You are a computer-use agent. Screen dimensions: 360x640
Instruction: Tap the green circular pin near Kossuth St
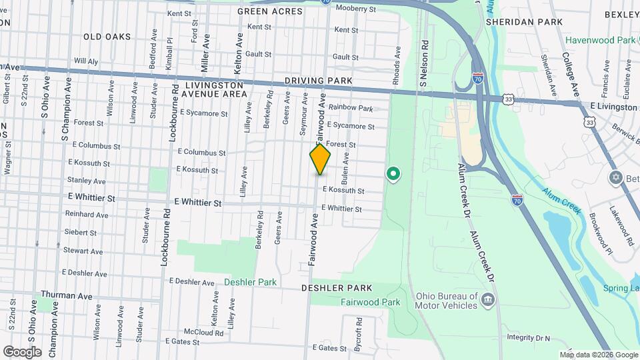(393, 175)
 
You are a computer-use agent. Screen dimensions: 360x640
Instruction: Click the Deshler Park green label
(250, 282)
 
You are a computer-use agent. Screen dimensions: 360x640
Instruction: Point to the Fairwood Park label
(370, 302)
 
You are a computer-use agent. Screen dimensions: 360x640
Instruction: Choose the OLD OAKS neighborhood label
(107, 37)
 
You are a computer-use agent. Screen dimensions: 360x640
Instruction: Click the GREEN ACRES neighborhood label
(266, 11)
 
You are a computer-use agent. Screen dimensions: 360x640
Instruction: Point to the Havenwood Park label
(600, 40)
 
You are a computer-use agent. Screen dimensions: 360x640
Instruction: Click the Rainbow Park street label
(350, 107)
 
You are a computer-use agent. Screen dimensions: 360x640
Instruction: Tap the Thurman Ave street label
(66, 295)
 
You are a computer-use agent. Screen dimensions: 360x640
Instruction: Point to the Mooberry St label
(356, 9)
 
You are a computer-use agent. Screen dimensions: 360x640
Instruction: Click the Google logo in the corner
(21, 351)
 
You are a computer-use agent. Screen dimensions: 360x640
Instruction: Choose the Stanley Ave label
(86, 181)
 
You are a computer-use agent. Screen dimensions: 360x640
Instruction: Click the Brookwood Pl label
(599, 234)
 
